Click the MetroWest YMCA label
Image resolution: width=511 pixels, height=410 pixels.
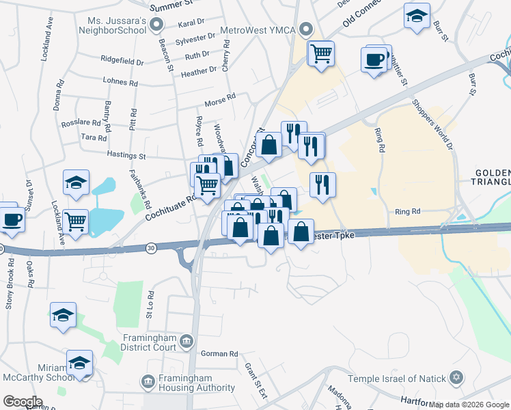(262, 28)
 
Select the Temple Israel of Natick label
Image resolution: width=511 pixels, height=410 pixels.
(396, 379)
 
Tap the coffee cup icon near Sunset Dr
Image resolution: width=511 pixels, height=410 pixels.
(11, 219)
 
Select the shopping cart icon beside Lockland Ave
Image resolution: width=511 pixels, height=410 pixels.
(75, 220)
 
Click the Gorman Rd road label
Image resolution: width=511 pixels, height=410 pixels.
(219, 354)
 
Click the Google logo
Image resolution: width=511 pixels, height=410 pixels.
(23, 401)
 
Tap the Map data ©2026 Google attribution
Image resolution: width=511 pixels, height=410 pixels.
(469, 405)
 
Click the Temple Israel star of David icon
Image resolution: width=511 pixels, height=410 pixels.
(457, 379)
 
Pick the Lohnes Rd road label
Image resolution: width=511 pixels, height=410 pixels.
(120, 82)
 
